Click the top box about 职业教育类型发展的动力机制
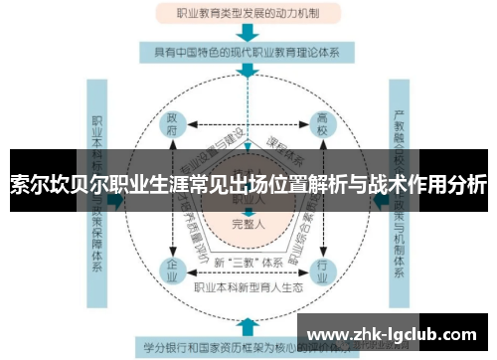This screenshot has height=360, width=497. pos(248,14)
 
